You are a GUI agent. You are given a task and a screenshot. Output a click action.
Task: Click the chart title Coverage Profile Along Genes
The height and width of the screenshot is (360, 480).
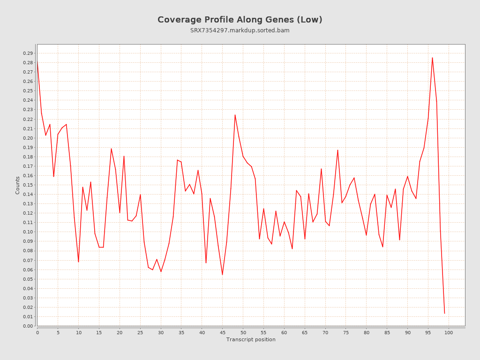(x=240, y=20)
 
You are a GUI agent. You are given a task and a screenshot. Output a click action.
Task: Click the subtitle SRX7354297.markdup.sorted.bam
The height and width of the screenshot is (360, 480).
(x=240, y=30)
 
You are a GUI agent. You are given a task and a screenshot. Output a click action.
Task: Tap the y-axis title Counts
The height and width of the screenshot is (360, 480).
(x=18, y=185)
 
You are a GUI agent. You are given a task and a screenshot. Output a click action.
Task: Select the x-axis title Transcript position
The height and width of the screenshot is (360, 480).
(x=251, y=339)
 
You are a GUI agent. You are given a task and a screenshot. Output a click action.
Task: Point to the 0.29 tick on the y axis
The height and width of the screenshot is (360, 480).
(x=27, y=53)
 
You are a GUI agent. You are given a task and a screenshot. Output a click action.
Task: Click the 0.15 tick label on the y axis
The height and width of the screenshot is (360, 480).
(x=27, y=185)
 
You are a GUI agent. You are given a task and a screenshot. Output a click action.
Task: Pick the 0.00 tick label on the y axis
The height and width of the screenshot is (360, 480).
(x=27, y=326)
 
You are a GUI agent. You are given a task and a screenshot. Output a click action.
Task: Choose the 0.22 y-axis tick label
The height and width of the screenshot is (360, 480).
(x=27, y=119)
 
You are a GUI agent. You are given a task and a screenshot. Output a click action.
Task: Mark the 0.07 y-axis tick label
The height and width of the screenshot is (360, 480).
(x=27, y=260)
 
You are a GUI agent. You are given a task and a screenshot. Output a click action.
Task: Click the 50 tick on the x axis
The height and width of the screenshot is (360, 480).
(x=243, y=332)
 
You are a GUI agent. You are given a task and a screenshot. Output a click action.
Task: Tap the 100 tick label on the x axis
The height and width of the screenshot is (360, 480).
(x=449, y=332)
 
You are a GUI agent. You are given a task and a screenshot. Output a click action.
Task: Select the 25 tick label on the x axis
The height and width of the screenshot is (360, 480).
(x=140, y=332)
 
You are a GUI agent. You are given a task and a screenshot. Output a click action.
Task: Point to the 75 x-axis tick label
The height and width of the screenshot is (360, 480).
(x=346, y=332)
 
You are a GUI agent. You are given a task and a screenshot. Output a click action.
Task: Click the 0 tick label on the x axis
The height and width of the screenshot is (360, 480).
(x=37, y=332)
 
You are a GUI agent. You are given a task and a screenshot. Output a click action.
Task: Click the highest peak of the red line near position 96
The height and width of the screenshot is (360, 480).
(x=432, y=58)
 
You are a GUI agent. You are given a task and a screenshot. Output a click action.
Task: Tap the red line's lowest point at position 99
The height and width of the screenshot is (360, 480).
(x=444, y=313)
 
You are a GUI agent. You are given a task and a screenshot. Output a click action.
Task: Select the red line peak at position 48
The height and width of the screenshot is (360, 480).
(x=235, y=115)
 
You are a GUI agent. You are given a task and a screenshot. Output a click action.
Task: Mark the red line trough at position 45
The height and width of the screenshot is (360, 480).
(x=222, y=275)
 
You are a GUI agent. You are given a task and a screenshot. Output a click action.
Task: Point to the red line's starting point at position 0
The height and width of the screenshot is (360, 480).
(x=37, y=62)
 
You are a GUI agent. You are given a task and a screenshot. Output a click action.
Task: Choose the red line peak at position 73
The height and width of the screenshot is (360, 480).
(x=337, y=150)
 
